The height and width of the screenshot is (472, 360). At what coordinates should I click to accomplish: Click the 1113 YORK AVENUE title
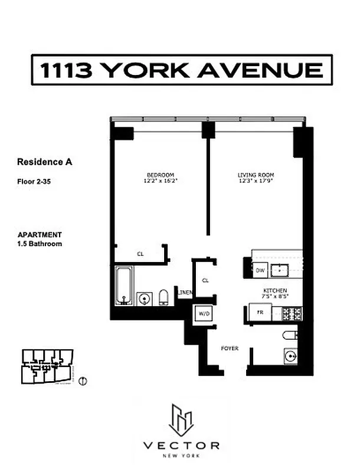pyautogui.click(x=181, y=70)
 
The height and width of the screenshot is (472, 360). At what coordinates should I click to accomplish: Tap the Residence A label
pyautogui.click(x=45, y=161)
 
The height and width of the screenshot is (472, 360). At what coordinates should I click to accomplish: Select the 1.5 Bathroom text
pyautogui.click(x=40, y=243)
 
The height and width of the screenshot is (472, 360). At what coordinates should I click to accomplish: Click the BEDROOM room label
pyautogui.click(x=160, y=175)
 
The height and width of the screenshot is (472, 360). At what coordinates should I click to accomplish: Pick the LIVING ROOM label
pyautogui.click(x=256, y=175)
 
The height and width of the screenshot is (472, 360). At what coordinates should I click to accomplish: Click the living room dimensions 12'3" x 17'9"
pyautogui.click(x=256, y=181)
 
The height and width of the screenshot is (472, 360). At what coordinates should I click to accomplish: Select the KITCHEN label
pyautogui.click(x=275, y=291)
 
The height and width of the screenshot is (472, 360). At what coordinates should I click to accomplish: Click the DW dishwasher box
pyautogui.click(x=260, y=270)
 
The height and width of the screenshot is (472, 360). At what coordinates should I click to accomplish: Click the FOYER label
pyautogui.click(x=229, y=349)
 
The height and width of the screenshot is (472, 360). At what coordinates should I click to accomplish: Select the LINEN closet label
pyautogui.click(x=185, y=293)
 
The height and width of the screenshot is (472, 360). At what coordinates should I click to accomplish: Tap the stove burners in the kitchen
pyautogui.click(x=293, y=313)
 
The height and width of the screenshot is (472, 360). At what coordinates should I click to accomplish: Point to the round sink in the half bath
pyautogui.click(x=290, y=356)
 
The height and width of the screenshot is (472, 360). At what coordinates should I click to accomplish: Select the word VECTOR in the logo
pyautogui.click(x=182, y=445)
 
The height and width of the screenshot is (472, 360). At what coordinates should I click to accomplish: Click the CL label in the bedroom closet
pyautogui.click(x=140, y=254)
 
